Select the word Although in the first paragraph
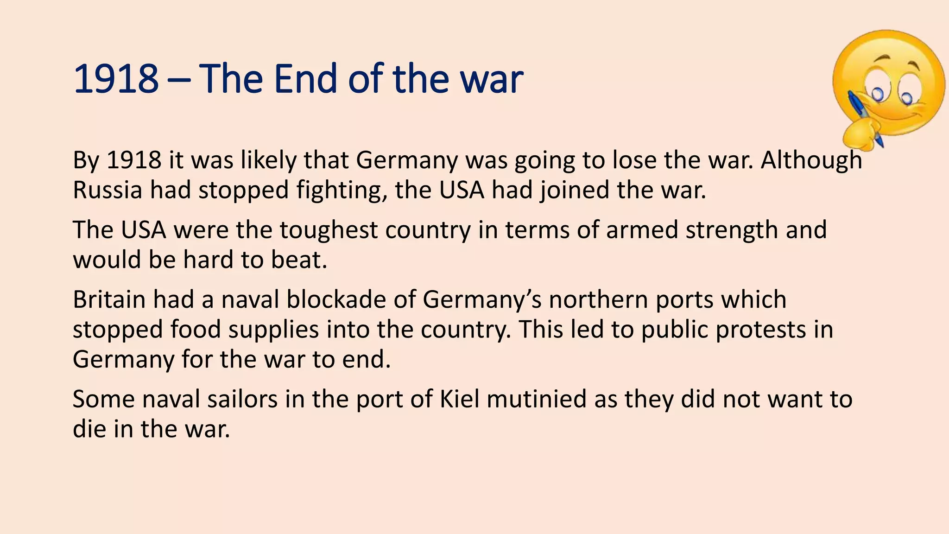point(811,160)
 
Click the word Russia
point(108,190)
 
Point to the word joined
point(574,190)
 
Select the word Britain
point(109,299)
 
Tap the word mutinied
point(537,399)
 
